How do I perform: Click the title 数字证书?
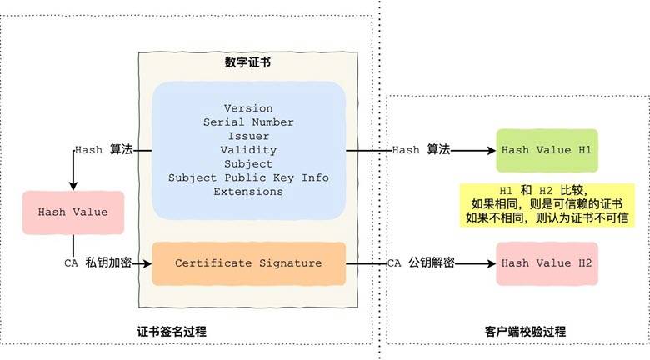click(x=248, y=62)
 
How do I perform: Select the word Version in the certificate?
click(x=248, y=109)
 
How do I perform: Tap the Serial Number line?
click(x=248, y=122)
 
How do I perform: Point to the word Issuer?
click(x=248, y=136)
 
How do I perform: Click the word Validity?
click(x=248, y=150)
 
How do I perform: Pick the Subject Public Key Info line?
click(x=248, y=177)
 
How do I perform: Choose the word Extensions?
click(x=248, y=191)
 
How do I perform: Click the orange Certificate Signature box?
click(x=248, y=263)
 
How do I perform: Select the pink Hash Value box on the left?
click(x=72, y=212)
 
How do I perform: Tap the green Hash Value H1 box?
click(x=547, y=150)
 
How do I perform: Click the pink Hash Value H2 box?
click(x=547, y=263)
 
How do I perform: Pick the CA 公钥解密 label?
click(x=421, y=263)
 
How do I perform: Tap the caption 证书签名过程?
click(x=172, y=331)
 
